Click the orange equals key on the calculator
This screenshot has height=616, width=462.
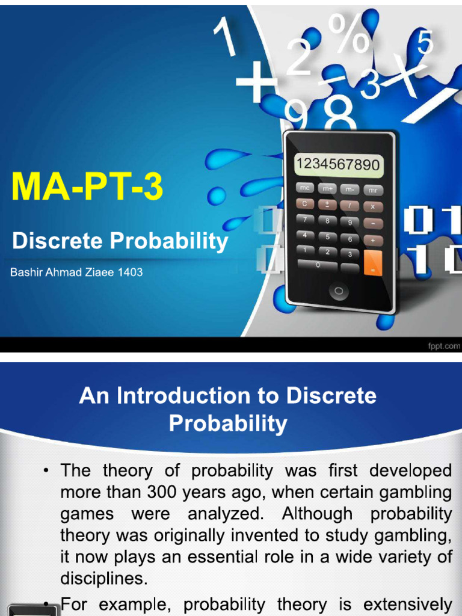tap(373, 262)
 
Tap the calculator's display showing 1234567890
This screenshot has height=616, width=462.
tap(338, 164)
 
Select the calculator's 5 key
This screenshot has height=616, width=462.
tap(327, 236)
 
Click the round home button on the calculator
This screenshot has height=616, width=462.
tap(339, 292)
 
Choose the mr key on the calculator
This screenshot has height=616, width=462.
tap(373, 189)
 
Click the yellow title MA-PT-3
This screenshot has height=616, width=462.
tap(87, 187)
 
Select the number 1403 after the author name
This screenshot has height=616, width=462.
tap(131, 272)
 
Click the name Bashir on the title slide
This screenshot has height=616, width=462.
tap(26, 272)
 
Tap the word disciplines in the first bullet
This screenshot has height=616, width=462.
tap(103, 578)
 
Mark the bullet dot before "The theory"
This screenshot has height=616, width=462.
tap(48, 470)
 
